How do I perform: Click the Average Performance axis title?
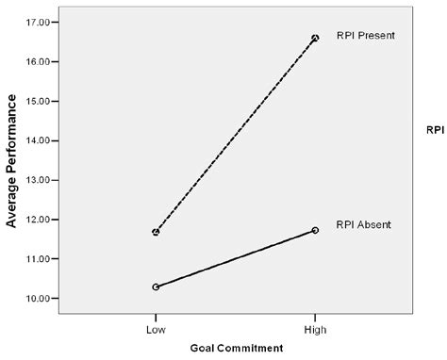[x=12, y=160]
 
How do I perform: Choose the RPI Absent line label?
[x=363, y=224]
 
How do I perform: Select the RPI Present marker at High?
[x=315, y=38]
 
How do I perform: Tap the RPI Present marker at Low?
[x=156, y=232]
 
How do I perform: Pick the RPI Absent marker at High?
[x=315, y=230]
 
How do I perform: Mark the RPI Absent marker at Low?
[x=156, y=286]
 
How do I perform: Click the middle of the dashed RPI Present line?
[x=236, y=135]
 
